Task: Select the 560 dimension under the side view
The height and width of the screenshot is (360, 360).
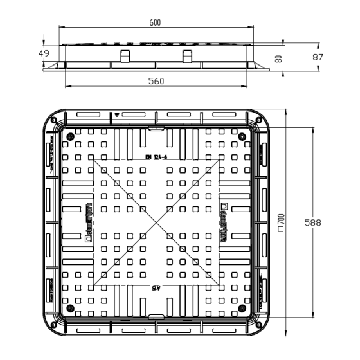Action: (156, 81)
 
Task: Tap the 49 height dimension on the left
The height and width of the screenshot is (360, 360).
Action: (44, 54)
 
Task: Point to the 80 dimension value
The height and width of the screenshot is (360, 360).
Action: (279, 58)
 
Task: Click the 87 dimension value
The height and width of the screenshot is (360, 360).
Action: (318, 57)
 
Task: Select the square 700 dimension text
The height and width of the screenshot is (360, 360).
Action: (280, 222)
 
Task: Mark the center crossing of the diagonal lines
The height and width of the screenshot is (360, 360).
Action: (156, 222)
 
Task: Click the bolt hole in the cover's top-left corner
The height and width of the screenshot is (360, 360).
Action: (69, 136)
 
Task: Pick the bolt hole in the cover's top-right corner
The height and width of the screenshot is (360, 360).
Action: (244, 136)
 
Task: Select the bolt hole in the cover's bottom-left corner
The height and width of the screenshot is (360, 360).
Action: (69, 310)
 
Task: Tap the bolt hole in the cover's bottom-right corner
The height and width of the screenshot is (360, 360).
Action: (244, 310)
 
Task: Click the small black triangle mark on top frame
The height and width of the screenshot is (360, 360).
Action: (118, 114)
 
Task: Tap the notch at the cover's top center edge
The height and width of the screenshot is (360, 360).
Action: (156, 129)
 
